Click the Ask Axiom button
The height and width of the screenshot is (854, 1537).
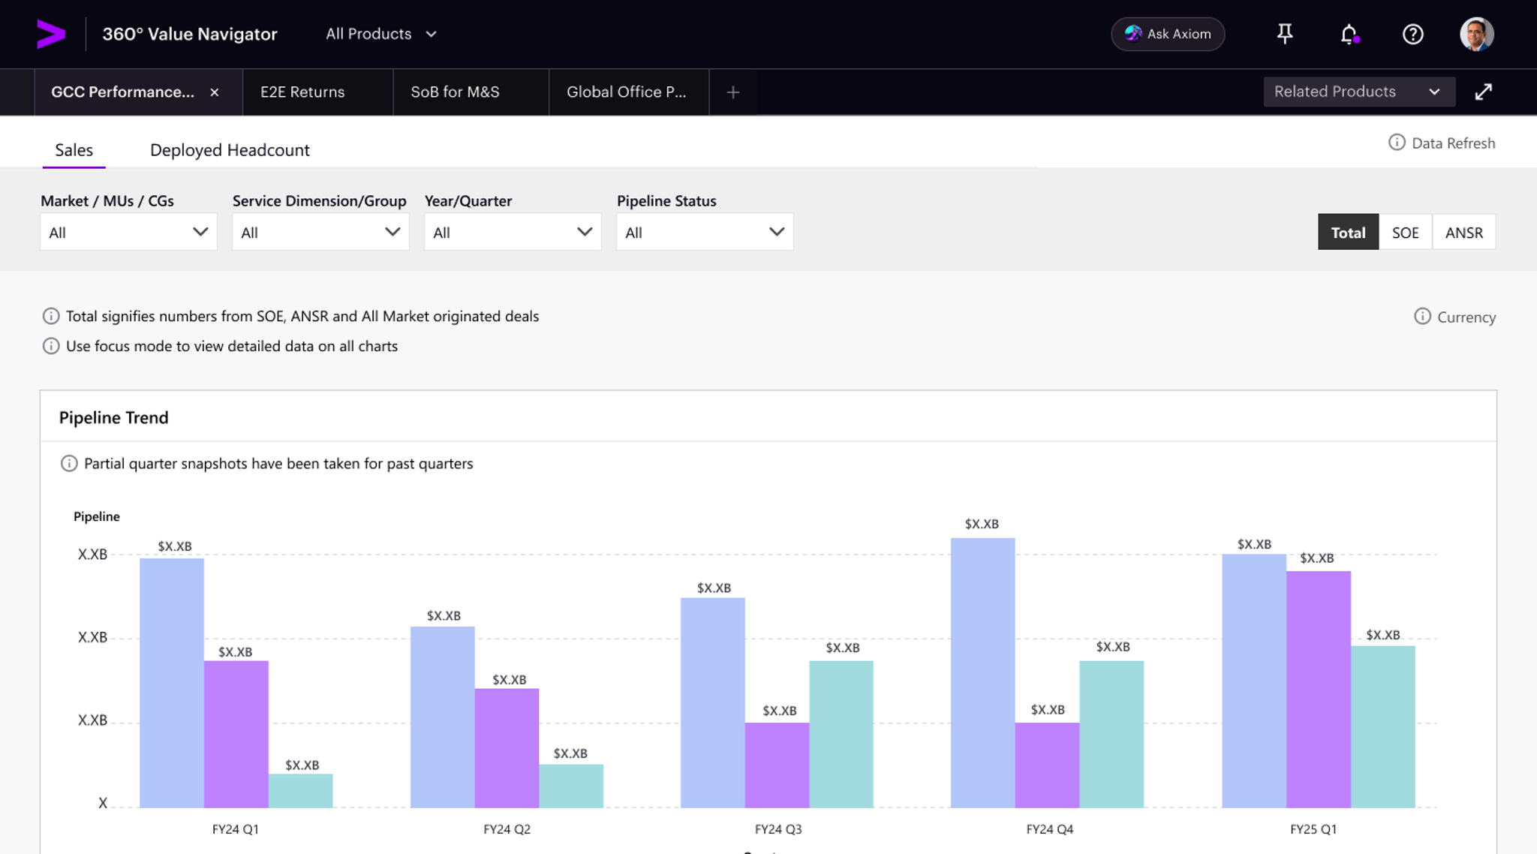1168,34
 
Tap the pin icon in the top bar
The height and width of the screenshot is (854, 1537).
1285,34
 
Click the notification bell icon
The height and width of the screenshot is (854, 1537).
1349,34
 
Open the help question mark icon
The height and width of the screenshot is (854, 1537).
1412,34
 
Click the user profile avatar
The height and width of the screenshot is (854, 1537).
1476,34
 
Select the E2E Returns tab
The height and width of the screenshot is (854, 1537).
302,92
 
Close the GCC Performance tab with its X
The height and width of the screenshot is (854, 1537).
215,92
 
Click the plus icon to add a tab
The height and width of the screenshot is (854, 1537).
733,92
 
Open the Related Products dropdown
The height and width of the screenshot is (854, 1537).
1358,92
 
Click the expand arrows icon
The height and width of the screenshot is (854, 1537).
1483,92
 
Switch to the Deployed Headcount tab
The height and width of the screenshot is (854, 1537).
230,150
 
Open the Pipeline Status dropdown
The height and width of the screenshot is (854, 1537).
704,232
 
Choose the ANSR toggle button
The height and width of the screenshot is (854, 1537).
1463,232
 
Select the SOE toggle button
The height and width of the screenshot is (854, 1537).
1405,232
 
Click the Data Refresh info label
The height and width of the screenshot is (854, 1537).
1442,143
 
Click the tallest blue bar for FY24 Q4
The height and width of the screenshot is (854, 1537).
982,672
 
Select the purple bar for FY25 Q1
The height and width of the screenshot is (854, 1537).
1318,688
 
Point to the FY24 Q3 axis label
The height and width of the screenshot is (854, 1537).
778,828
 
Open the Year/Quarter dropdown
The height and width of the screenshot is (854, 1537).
512,232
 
